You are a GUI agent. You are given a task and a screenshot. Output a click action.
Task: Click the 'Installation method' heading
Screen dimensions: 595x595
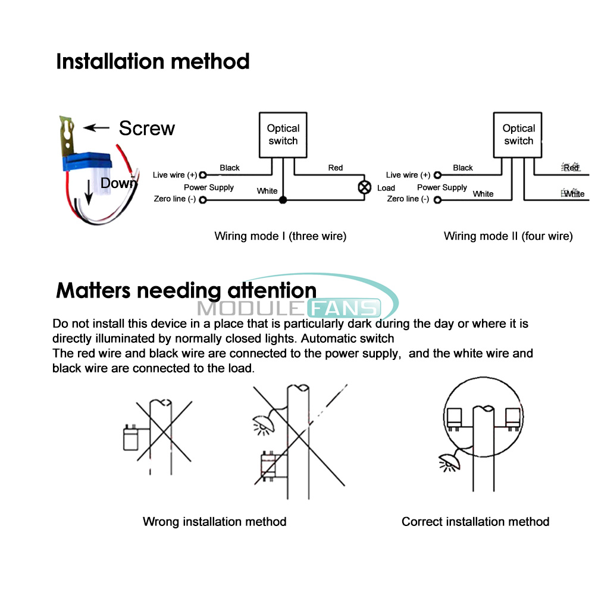point(152,61)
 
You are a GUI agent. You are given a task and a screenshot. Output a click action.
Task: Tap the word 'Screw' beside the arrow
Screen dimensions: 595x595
point(147,128)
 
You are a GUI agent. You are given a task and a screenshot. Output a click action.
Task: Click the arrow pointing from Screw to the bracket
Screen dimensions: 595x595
point(98,127)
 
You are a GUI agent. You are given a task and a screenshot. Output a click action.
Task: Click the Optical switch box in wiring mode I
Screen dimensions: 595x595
point(283,135)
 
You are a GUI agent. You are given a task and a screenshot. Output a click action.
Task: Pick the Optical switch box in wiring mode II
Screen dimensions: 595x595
point(518,135)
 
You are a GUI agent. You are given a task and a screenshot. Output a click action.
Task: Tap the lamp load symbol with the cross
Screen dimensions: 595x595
point(364,187)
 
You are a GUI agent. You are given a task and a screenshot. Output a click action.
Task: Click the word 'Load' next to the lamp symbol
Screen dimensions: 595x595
point(386,188)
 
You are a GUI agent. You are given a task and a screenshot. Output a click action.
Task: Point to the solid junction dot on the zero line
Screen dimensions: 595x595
point(283,200)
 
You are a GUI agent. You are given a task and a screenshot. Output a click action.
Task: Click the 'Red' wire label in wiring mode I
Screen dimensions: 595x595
point(336,168)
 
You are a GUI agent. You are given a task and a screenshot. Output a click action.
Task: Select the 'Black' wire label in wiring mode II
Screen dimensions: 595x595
point(463,168)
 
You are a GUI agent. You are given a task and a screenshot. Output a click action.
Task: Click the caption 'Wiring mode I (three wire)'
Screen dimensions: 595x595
point(280,236)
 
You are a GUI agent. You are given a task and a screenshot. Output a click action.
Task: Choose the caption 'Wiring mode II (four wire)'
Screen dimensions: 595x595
point(508,236)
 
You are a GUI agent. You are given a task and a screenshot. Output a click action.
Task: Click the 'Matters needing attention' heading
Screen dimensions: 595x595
point(186,290)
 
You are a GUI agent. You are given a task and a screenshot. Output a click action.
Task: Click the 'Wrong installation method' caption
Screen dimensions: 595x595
point(214,522)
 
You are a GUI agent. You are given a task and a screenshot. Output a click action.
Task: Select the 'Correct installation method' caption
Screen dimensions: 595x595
point(475,522)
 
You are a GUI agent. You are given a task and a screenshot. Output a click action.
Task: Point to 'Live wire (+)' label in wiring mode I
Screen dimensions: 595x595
point(174,175)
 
